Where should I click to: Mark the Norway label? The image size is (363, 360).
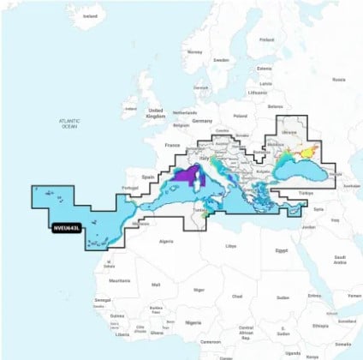[194, 51]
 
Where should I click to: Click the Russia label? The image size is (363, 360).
[338, 80]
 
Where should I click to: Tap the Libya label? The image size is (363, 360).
[229, 246]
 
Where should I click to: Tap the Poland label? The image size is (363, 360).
[239, 114]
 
